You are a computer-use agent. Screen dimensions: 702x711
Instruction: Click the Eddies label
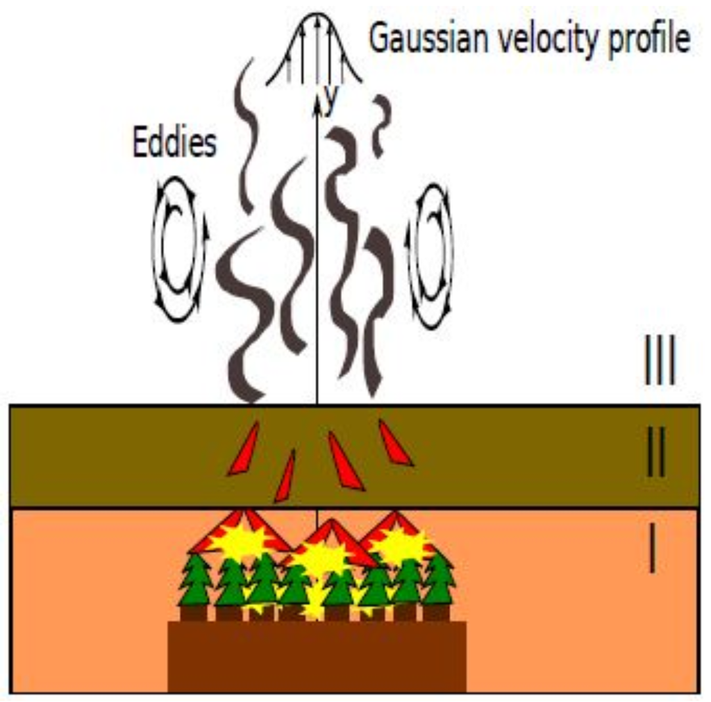tap(174, 143)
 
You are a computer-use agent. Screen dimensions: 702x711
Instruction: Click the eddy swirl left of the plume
tap(178, 249)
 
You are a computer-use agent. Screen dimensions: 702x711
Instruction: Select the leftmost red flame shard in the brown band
tap(244, 450)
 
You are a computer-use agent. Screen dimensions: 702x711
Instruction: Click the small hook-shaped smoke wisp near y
tap(380, 125)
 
